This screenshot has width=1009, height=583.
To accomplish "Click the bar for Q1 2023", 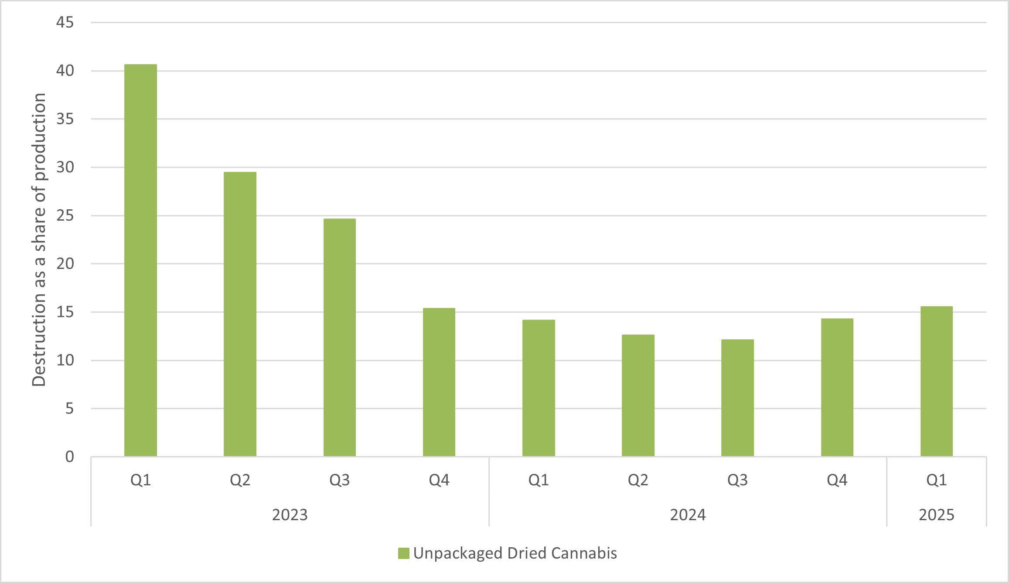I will [x=140, y=260].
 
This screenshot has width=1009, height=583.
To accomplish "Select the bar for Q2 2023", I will [x=240, y=314].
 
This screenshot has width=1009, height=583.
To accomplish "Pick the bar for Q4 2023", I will [x=439, y=382].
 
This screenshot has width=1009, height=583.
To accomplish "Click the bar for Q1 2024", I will [x=539, y=388].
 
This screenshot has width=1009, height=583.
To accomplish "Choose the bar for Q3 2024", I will [x=737, y=398].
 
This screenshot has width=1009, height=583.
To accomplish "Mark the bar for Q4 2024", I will [x=837, y=387].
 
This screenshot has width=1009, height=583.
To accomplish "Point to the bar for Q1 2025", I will [x=936, y=381].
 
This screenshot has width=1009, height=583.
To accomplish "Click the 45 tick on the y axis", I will [x=65, y=23].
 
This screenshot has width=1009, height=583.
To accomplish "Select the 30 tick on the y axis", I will [x=65, y=167].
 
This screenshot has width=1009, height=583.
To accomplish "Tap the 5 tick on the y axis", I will [x=69, y=409].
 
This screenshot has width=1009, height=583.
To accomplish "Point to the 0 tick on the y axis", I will [x=69, y=457].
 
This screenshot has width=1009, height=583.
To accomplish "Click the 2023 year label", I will [x=290, y=515].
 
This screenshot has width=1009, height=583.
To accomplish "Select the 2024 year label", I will [x=688, y=515].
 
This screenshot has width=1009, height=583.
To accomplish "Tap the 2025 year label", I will [x=936, y=515].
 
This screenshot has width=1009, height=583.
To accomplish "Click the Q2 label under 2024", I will [x=638, y=480].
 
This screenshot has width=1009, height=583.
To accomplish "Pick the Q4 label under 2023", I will [x=439, y=480].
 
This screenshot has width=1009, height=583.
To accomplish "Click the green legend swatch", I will [x=404, y=553].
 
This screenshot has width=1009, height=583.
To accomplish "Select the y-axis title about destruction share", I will [x=39, y=239].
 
